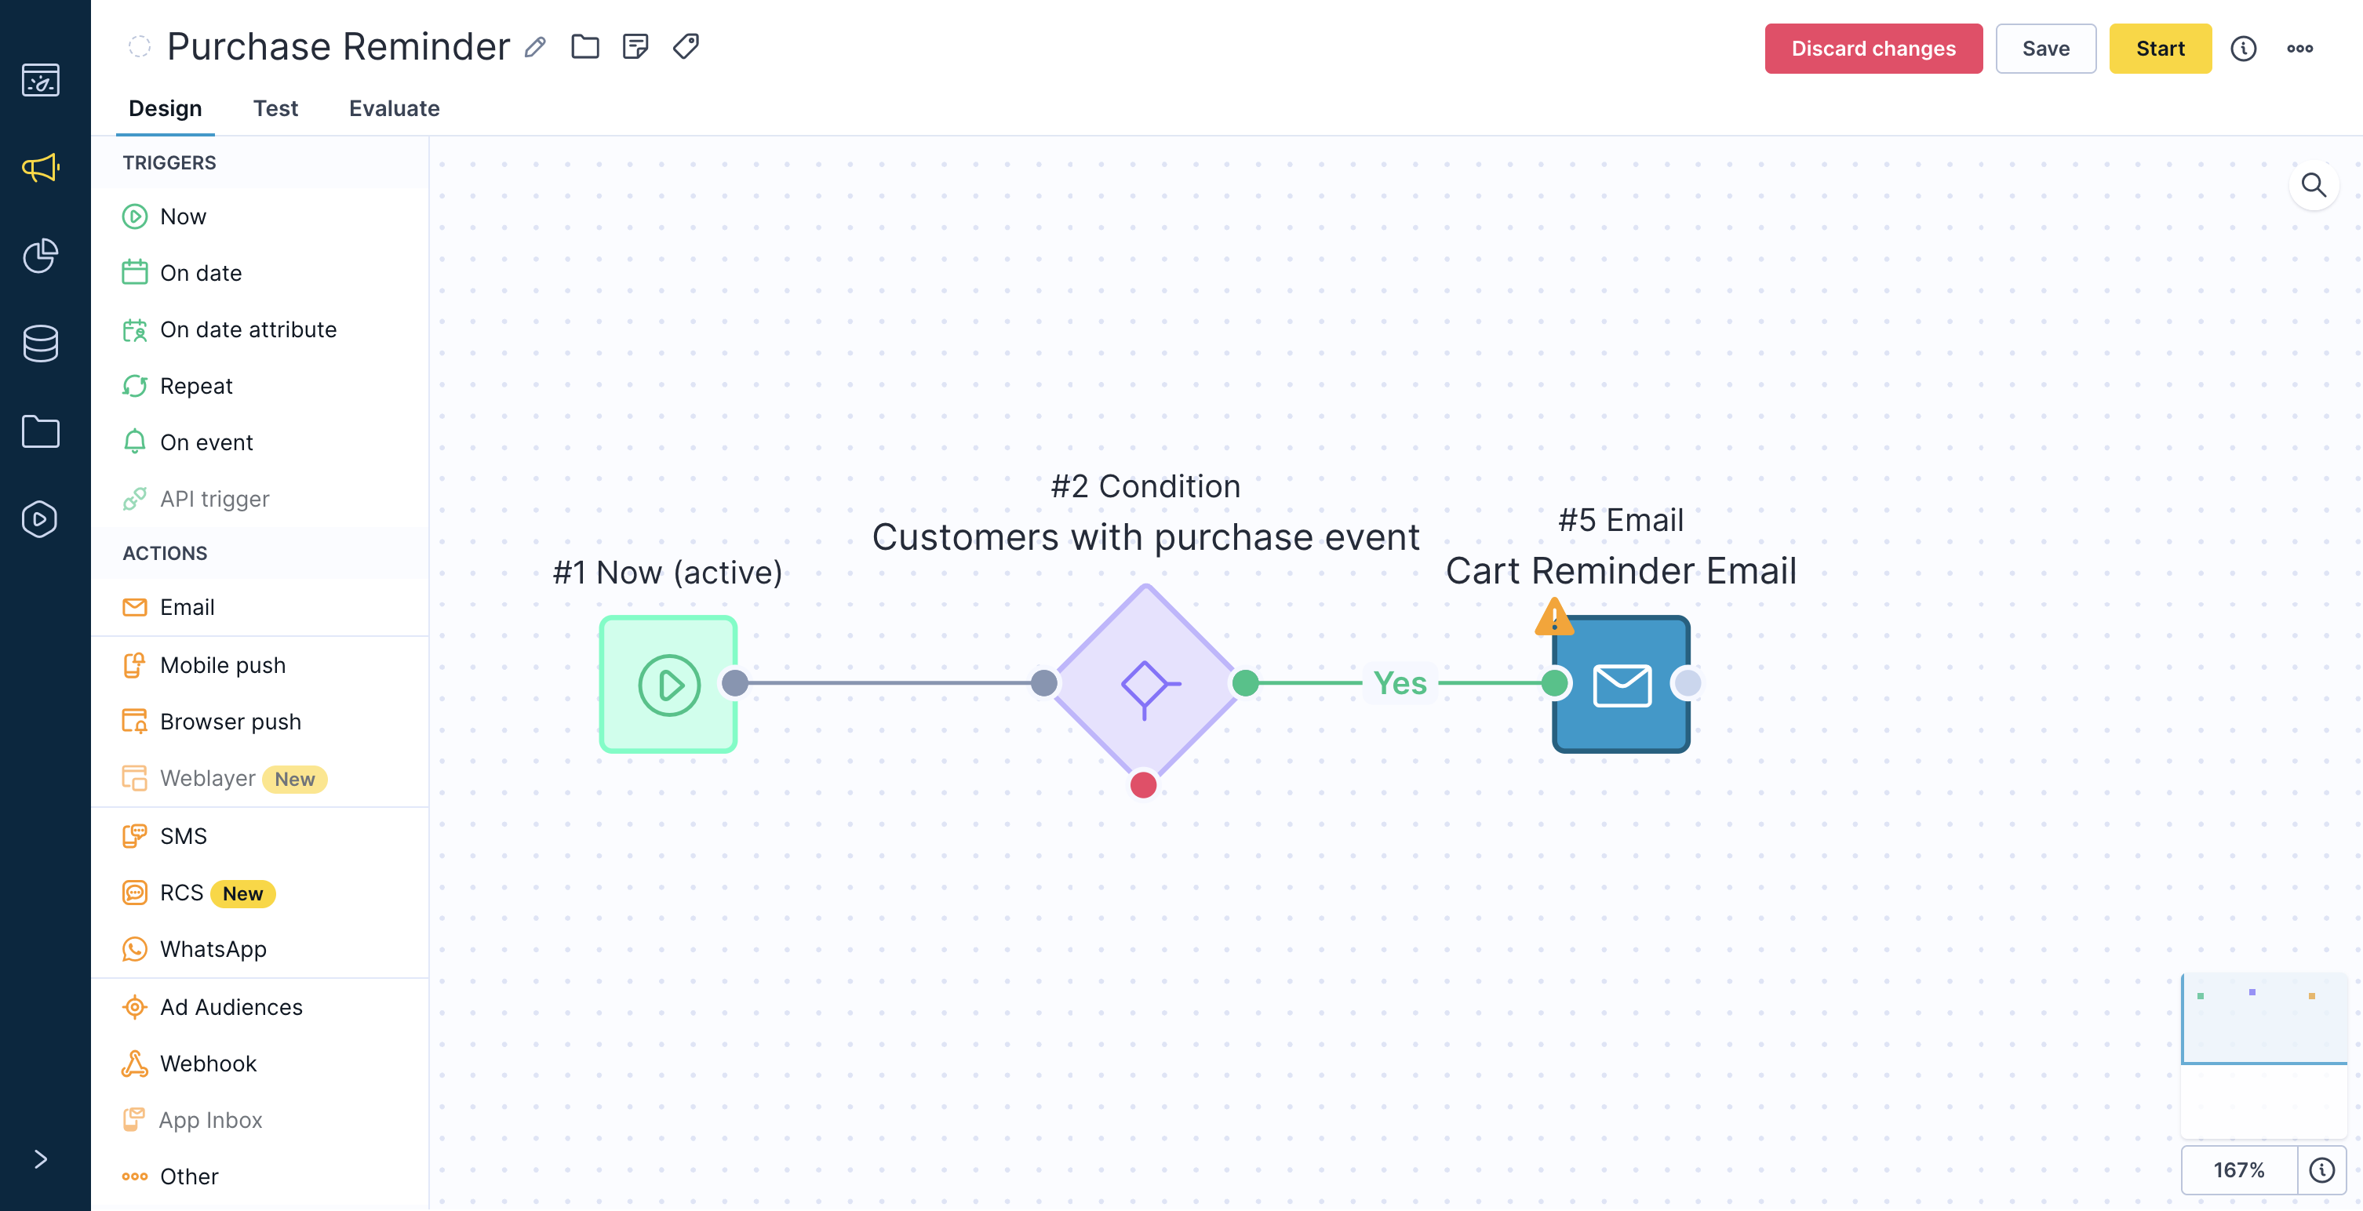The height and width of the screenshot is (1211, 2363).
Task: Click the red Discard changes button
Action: (1873, 49)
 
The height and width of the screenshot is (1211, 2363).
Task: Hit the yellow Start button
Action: (2161, 49)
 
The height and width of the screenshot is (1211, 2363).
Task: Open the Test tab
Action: (275, 108)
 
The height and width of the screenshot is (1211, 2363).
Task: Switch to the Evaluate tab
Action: (395, 108)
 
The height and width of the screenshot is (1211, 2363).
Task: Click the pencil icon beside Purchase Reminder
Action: (536, 47)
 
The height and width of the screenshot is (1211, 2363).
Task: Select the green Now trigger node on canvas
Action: (668, 685)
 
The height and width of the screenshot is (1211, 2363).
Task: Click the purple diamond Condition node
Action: (1145, 683)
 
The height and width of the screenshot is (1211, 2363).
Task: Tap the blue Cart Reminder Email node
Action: (1621, 685)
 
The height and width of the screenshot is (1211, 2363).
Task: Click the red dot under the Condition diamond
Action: (1143, 785)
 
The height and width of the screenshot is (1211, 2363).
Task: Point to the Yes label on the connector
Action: (1400, 683)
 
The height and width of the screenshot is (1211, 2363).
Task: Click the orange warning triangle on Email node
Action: (1554, 617)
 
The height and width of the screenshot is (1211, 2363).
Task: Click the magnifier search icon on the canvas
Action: (2314, 185)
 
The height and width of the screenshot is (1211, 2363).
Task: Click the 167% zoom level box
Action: (2239, 1169)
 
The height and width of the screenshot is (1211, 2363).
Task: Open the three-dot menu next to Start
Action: (2299, 49)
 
